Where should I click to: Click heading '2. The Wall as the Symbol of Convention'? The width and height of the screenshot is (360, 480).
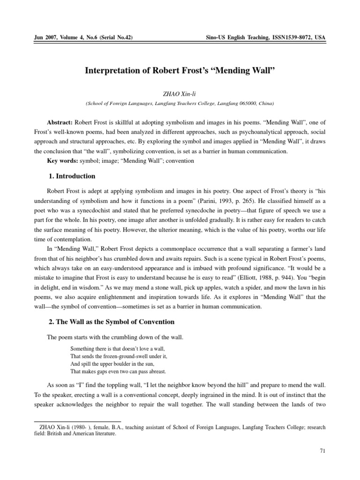coord(112,322)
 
